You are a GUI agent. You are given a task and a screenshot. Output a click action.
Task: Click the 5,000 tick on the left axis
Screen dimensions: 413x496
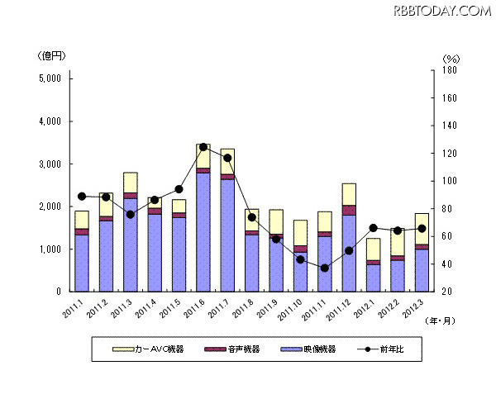tap(50, 78)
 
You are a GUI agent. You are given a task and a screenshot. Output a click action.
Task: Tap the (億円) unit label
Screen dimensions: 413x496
tap(51, 55)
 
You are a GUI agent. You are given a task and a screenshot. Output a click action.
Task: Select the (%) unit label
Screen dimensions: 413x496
tap(451, 59)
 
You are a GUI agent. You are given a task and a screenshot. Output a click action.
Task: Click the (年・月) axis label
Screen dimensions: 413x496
tap(438, 320)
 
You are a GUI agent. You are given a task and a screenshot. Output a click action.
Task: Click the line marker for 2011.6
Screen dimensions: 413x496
tap(203, 147)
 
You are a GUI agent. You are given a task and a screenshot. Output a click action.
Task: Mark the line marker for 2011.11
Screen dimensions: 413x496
tap(325, 268)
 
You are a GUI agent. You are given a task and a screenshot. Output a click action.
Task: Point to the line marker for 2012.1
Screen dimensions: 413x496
tap(374, 228)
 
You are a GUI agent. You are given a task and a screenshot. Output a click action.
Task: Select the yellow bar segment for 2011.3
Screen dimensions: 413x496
tap(131, 183)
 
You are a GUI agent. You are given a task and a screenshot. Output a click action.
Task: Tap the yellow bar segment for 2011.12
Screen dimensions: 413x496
tap(349, 194)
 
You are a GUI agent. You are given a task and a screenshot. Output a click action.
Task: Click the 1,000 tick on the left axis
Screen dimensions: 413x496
tap(50, 249)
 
